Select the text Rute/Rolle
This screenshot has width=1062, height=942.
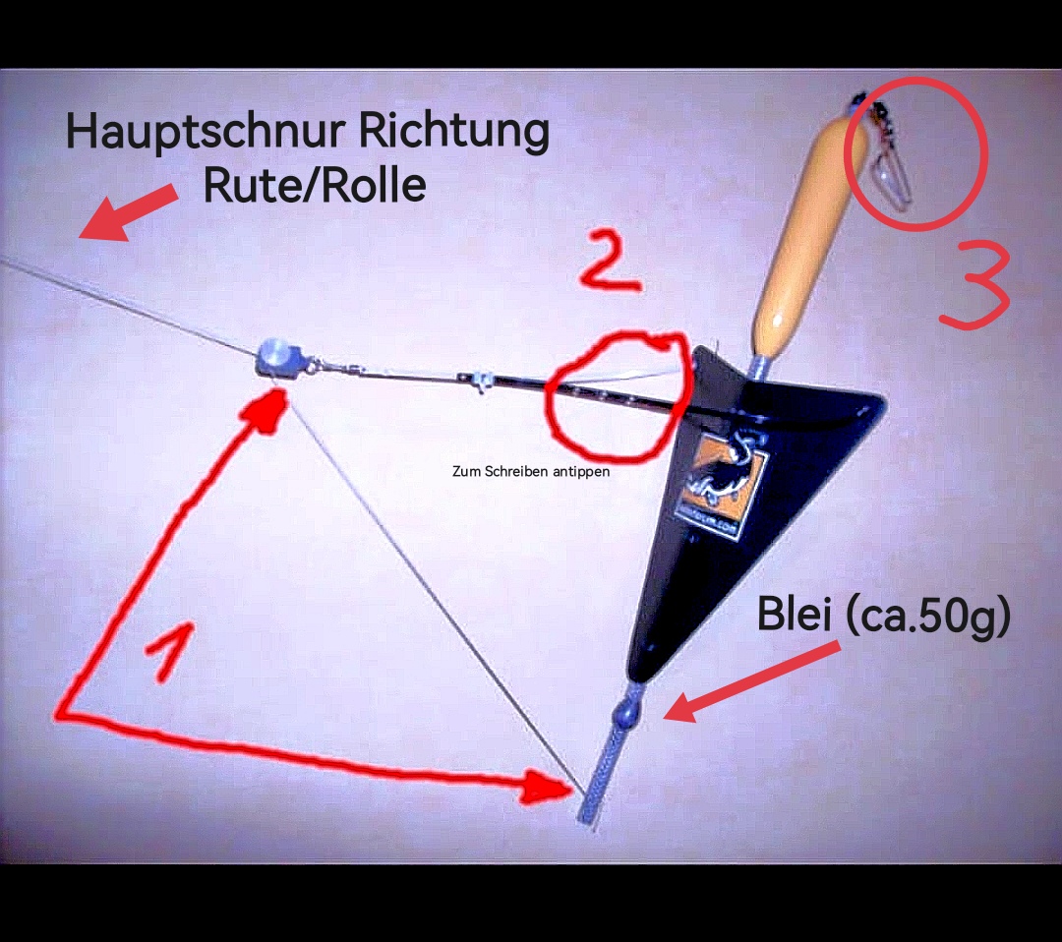click(314, 184)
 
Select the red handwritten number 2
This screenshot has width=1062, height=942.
click(610, 263)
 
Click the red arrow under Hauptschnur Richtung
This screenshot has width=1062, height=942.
click(127, 213)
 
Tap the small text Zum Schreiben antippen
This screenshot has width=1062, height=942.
click(531, 472)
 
